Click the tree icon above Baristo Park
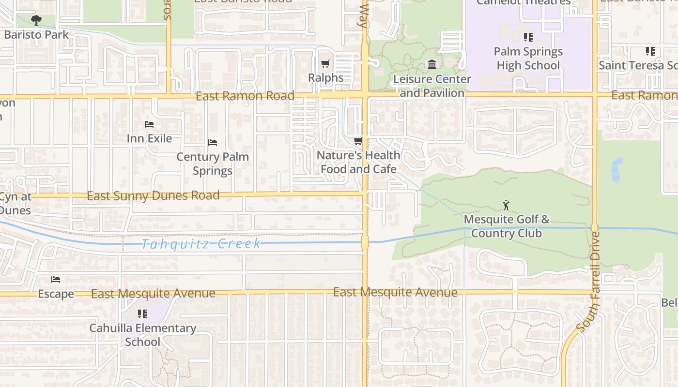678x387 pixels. click(x=36, y=20)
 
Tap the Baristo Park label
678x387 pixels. click(x=36, y=35)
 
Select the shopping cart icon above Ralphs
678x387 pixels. click(x=325, y=64)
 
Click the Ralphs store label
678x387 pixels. click(x=326, y=77)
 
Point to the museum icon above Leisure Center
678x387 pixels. click(x=432, y=64)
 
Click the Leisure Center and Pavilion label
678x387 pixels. click(x=432, y=86)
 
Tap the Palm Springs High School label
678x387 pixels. click(x=528, y=59)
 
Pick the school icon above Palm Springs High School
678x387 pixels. click(x=528, y=37)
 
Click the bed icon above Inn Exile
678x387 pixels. click(x=149, y=124)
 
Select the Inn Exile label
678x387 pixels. click(x=149, y=138)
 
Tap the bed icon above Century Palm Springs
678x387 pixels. click(x=212, y=143)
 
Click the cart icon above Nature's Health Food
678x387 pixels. click(x=358, y=141)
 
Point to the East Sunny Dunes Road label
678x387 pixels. click(x=153, y=196)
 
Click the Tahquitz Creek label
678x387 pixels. click(x=201, y=244)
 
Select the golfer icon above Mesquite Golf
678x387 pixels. click(x=506, y=206)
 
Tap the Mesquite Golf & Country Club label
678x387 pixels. click(x=507, y=226)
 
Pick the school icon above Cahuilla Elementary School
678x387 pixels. click(x=142, y=314)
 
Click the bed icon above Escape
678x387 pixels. click(x=56, y=280)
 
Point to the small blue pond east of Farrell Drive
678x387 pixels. click(x=616, y=169)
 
